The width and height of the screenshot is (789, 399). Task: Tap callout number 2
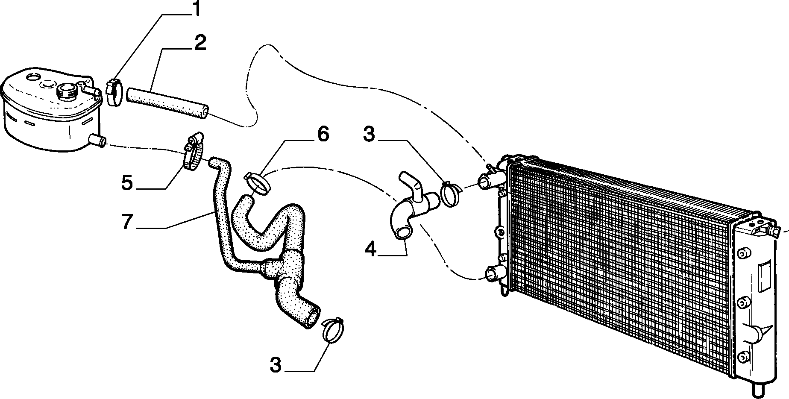click(200, 44)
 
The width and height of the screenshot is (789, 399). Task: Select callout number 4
click(371, 249)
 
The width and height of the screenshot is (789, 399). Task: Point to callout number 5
click(127, 182)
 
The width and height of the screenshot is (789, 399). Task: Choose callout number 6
click(323, 134)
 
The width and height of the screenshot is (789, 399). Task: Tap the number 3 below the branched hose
click(276, 366)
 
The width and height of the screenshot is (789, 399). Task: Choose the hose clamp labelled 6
click(259, 185)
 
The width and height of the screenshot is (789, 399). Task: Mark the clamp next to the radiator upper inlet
click(450, 193)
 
